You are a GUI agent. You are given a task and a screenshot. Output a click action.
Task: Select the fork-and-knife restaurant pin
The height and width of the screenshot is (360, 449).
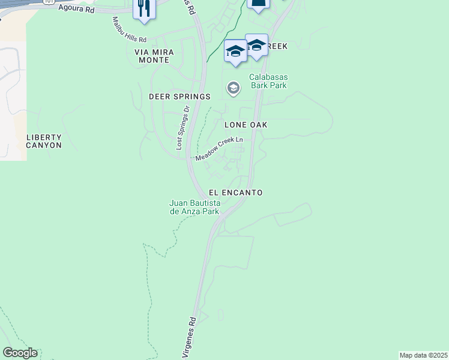143,9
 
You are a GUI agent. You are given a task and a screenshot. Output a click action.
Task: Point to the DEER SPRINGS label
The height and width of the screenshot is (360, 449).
179,97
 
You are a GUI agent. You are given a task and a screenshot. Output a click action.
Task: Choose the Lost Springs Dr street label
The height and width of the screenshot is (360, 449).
182,127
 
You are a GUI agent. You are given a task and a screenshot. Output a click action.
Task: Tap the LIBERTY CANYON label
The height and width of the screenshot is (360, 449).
44,141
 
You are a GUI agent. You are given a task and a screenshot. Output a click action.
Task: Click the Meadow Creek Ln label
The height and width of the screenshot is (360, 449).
219,149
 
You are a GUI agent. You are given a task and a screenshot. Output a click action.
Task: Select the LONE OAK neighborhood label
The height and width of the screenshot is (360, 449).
246,125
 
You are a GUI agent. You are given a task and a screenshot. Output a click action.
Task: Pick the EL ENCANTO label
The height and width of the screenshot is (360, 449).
236,193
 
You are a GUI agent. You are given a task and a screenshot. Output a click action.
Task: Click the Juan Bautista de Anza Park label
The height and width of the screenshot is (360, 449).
194,208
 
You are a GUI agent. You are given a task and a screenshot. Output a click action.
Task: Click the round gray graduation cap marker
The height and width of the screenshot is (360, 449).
233,89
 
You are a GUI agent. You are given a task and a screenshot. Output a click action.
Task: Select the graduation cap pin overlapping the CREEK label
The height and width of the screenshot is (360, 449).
256,45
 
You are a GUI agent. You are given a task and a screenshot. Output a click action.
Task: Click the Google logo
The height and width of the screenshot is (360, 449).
20,353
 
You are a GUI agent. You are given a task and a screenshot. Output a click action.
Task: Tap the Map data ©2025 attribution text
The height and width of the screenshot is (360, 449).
424,355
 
